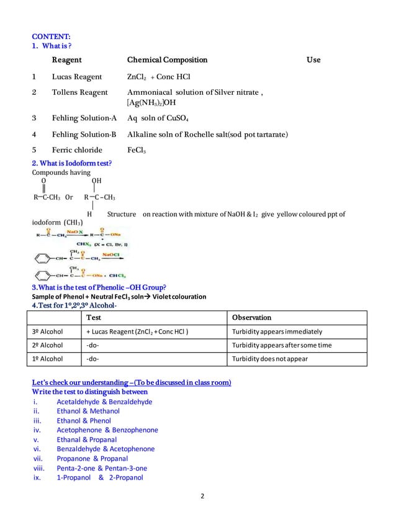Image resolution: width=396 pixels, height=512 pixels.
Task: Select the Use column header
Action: click(x=313, y=60)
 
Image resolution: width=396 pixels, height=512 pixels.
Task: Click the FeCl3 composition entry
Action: click(x=137, y=149)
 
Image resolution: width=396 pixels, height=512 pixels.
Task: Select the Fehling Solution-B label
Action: click(x=84, y=133)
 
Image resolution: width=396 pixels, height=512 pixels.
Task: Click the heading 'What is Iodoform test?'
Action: click(x=71, y=163)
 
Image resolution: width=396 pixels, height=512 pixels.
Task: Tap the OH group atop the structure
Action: click(x=96, y=182)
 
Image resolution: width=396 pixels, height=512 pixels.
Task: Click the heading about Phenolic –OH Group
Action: click(x=99, y=287)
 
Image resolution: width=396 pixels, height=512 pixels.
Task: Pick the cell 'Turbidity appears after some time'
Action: click(x=273, y=345)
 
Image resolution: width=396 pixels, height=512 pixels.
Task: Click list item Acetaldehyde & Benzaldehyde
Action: click(x=104, y=402)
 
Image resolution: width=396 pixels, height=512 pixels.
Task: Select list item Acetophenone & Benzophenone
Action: click(x=107, y=430)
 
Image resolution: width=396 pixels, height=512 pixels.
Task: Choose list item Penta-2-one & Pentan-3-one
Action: click(x=106, y=468)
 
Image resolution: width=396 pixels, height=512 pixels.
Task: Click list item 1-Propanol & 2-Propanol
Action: click(x=99, y=477)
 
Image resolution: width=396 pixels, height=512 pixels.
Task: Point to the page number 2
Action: click(x=202, y=496)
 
